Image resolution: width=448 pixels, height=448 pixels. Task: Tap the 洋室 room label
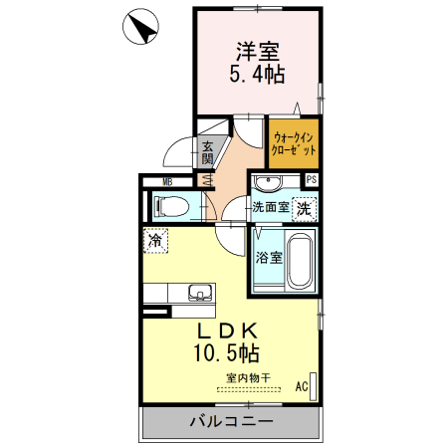258,49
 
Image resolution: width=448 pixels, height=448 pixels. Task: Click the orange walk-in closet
294,144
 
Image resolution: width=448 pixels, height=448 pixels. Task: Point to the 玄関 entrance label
207,152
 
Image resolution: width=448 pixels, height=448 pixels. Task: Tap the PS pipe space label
312,180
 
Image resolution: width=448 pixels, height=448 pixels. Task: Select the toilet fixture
172,207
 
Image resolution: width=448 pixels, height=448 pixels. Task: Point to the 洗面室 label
270,209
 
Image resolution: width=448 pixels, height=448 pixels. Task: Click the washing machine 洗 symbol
306,209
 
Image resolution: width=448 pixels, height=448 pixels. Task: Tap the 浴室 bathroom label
269,258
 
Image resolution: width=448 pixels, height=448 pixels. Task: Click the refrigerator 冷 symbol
156,240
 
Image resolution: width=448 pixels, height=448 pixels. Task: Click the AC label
302,388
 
